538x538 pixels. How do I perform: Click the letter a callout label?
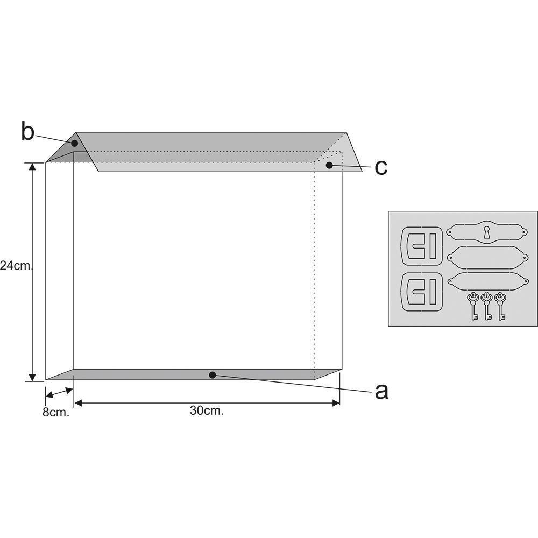pyautogui.click(x=381, y=391)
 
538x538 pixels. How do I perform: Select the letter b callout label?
pyautogui.click(x=27, y=132)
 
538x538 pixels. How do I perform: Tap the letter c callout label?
pyautogui.click(x=381, y=167)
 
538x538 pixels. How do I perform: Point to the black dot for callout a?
pyautogui.click(x=213, y=375)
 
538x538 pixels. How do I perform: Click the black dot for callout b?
pyautogui.click(x=75, y=144)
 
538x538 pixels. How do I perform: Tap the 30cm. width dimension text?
pyautogui.click(x=207, y=410)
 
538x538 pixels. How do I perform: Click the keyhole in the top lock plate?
pyautogui.click(x=487, y=232)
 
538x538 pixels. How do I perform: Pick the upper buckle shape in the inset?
pyautogui.click(x=422, y=246)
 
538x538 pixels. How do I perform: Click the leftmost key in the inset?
pyautogui.click(x=473, y=305)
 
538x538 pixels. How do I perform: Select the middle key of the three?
pyautogui.click(x=487, y=305)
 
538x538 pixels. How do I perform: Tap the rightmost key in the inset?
pyautogui.click(x=501, y=305)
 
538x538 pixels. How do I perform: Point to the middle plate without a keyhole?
pyautogui.click(x=486, y=257)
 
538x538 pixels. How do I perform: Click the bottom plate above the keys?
pyautogui.click(x=486, y=280)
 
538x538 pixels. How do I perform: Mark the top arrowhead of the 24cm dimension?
pyautogui.click(x=33, y=166)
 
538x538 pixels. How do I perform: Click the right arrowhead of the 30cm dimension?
pyautogui.click(x=337, y=402)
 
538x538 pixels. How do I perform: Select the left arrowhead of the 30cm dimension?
pyautogui.click(x=77, y=402)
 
